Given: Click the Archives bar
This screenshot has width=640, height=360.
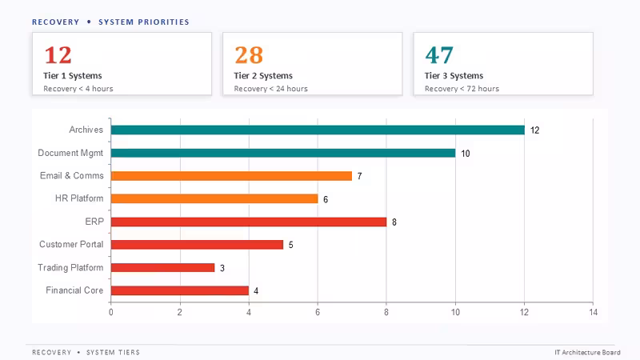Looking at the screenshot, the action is tap(318, 130).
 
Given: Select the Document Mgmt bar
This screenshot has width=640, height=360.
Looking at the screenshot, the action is tap(283, 153).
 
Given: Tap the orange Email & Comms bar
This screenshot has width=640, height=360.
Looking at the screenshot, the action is tap(231, 175).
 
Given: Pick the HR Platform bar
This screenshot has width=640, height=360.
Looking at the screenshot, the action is tap(214, 198).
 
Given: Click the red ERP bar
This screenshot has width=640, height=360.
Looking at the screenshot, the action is tap(249, 222).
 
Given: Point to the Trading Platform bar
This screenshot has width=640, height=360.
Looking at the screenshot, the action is tap(162, 267).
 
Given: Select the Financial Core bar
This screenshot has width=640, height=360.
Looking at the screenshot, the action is tap(179, 290).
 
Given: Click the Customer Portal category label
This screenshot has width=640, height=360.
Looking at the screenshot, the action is tap(71, 244).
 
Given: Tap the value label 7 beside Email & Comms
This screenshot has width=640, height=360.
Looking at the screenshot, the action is tap(359, 176).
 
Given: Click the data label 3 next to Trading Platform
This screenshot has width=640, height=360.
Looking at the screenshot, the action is tap(222, 268).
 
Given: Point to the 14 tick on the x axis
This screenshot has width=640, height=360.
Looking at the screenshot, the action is tap(593, 312).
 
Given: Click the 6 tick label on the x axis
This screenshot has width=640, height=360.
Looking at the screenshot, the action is tap(318, 312).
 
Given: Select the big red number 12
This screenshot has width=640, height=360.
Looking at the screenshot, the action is tap(58, 55).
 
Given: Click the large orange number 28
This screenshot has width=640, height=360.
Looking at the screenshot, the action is tap(249, 55).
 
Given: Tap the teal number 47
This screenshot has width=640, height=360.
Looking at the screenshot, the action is tap(439, 55).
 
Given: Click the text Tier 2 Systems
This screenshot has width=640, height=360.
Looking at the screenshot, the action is tap(263, 75).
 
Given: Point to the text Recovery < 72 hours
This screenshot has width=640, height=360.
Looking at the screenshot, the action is tap(462, 89).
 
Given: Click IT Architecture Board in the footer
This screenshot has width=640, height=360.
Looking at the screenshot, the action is tap(587, 352).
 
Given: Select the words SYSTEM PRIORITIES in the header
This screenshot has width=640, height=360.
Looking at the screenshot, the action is tap(144, 22).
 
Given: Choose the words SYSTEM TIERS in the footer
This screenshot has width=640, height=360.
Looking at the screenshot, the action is tap(113, 352).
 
